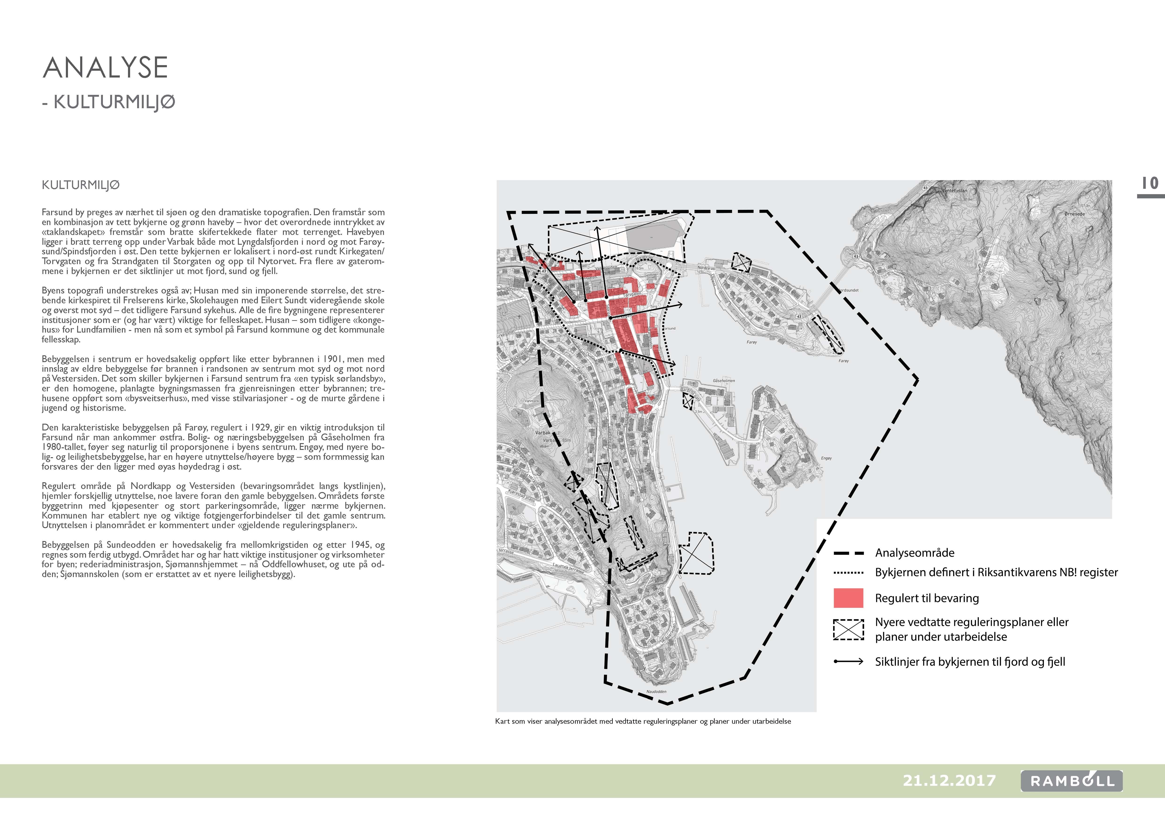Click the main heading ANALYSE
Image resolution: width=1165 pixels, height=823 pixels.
105,67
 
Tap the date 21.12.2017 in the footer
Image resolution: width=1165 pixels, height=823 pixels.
949,780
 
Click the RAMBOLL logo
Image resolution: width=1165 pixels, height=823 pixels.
1072,781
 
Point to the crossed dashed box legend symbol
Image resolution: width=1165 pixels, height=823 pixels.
848,629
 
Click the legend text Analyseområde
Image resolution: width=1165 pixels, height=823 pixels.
914,553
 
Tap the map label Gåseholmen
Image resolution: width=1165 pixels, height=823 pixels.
724,380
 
